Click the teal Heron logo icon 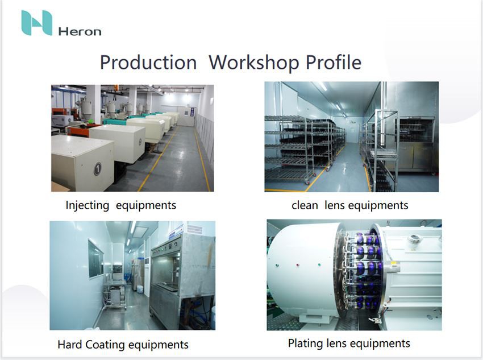[37, 23]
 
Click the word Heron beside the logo [80, 31]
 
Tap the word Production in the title [148, 63]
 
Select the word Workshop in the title [254, 63]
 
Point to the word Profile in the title [334, 62]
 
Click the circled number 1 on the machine [97, 169]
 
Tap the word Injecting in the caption [87, 205]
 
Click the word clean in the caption [305, 205]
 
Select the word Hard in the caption [70, 345]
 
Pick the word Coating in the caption [105, 345]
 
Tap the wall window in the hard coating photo [96, 259]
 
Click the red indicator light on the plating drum [298, 265]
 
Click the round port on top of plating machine [413, 238]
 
